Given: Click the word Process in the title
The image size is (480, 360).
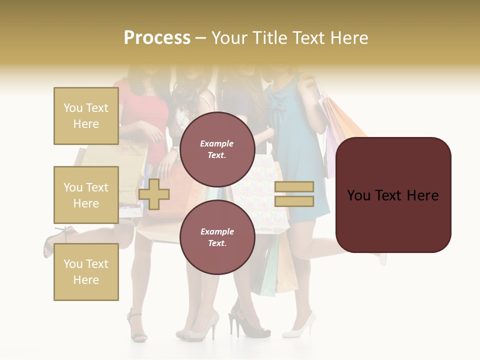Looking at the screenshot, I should (x=157, y=37).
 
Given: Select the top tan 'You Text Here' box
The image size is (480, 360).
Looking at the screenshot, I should (x=86, y=116).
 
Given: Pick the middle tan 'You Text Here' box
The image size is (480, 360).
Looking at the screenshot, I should (x=86, y=195).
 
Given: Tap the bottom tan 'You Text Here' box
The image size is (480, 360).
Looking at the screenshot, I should (x=86, y=271).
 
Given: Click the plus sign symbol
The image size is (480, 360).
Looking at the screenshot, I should (x=154, y=194).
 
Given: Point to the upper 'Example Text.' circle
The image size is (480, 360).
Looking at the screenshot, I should (x=217, y=149).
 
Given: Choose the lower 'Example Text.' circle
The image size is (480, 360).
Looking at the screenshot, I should (x=217, y=237).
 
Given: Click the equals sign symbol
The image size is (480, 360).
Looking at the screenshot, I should (x=294, y=194).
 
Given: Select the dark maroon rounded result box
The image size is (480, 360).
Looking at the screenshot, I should (x=393, y=195).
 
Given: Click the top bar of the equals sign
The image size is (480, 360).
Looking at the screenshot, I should (x=294, y=186).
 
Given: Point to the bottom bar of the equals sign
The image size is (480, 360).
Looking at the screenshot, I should (x=294, y=201).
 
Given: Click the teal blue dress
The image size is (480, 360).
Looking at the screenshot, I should (x=300, y=150).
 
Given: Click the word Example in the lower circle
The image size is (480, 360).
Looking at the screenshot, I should (x=217, y=231).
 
